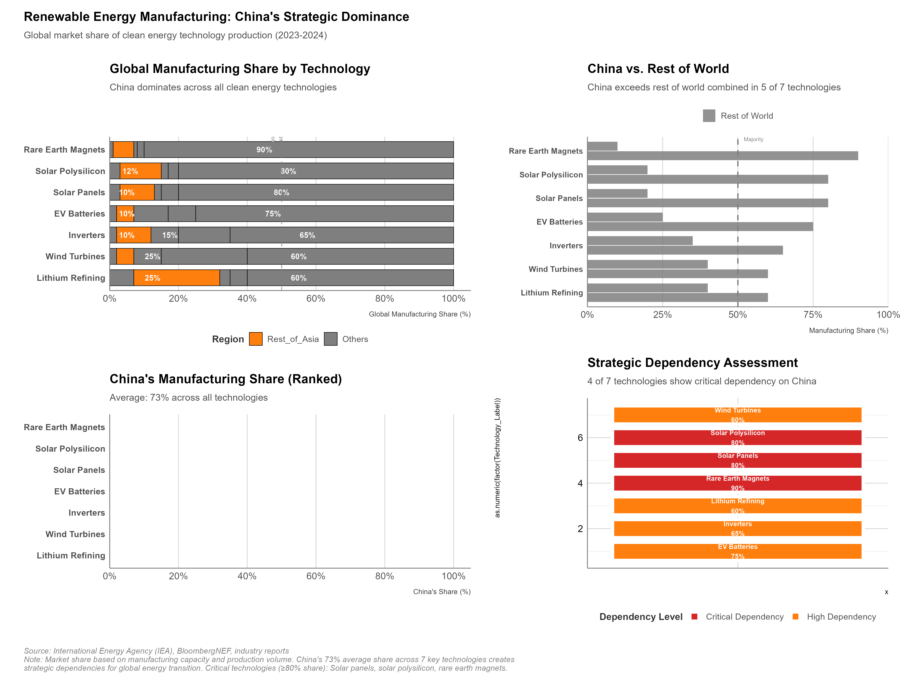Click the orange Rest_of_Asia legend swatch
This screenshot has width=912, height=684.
tap(256, 339)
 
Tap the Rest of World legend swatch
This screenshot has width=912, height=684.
tap(709, 116)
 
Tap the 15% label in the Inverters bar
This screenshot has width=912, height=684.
tap(169, 235)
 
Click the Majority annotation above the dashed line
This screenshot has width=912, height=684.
tap(753, 139)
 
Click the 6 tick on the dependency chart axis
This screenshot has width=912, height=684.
tap(580, 437)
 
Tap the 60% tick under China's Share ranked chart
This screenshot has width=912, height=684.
tap(316, 576)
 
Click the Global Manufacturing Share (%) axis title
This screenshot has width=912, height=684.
tap(419, 314)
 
